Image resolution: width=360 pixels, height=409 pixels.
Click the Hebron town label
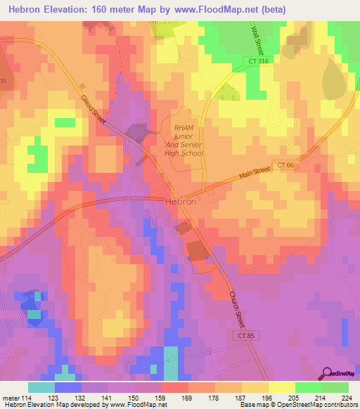tap(180, 200)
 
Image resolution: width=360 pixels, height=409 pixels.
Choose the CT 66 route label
tap(284, 165)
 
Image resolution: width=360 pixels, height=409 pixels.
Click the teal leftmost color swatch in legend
tap(41, 387)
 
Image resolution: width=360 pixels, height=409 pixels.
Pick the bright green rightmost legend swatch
tap(335, 387)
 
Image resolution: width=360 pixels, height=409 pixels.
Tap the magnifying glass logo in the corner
tap(328, 373)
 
